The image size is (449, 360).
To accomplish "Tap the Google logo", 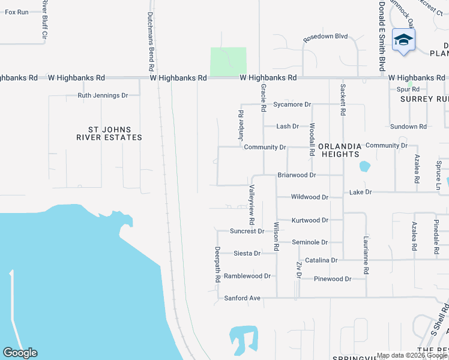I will [x=20, y=353].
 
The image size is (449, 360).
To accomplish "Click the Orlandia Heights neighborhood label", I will [x=340, y=150].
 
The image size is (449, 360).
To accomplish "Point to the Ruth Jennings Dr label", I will [x=103, y=95].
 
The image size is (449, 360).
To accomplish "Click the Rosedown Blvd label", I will [x=326, y=37].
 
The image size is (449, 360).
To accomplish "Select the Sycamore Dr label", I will [x=292, y=104].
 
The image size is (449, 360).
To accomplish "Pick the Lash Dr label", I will [x=288, y=127].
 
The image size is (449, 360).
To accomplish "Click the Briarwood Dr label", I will [x=297, y=175].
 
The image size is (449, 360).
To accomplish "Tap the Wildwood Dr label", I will [x=310, y=197].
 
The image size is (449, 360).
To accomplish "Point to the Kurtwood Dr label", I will [x=310, y=220].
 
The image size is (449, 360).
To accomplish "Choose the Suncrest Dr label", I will [x=247, y=231].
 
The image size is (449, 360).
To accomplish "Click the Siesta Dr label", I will [x=247, y=253].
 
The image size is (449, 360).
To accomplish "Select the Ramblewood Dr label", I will [x=248, y=276].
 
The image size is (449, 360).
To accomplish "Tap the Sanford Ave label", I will [x=243, y=298].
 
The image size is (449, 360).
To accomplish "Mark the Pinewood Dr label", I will [x=332, y=279].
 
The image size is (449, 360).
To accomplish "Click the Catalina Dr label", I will [x=322, y=260].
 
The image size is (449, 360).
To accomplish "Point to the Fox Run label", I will [x=17, y=12].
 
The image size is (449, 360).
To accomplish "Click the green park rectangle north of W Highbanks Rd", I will [x=228, y=61].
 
